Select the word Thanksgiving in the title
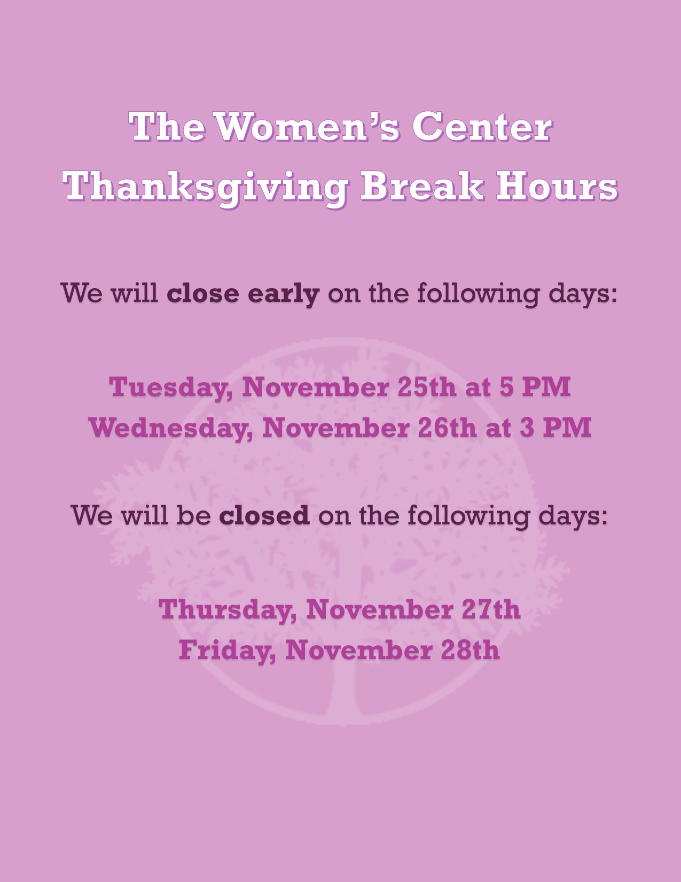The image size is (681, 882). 205,188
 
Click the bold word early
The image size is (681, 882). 283,294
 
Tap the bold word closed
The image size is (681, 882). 264,515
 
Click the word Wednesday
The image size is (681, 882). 171,428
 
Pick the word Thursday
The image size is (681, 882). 227,610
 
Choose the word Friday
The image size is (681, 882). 227,651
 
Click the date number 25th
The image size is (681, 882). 427,387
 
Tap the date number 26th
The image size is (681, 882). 447,428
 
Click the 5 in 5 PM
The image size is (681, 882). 506,387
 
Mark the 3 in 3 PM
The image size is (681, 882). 527,428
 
